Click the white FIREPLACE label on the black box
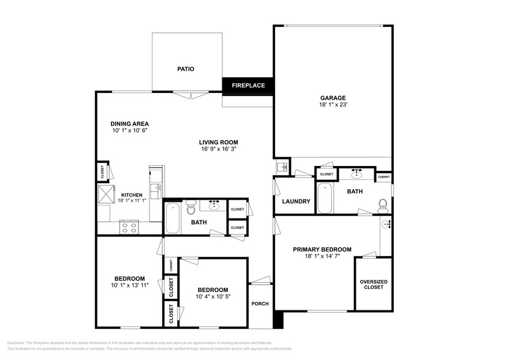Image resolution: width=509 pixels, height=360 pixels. [248, 85]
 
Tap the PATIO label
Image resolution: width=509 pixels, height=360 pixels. [186, 69]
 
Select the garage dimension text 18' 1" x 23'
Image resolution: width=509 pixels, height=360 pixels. [333, 105]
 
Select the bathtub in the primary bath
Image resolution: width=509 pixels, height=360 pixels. [325, 198]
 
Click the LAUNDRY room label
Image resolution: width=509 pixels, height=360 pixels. [296, 201]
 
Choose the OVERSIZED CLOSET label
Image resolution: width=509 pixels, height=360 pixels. [373, 284]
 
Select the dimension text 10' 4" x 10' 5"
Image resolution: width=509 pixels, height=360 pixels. [213, 297]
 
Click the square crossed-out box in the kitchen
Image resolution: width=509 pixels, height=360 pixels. [107, 195]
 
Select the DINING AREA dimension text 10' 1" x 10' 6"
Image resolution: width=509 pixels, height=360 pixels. [130, 130]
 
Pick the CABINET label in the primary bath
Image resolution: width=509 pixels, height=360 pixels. [383, 177]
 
